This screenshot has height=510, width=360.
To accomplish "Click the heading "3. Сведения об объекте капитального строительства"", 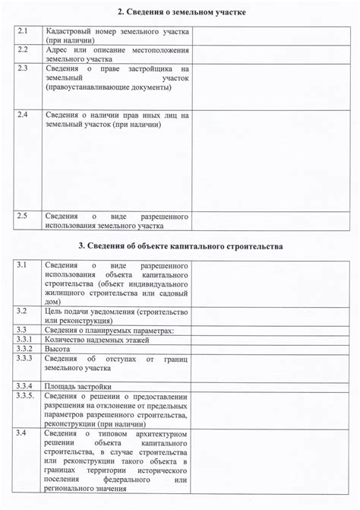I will pos(181,246).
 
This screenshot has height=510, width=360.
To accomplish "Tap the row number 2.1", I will pos(23,31).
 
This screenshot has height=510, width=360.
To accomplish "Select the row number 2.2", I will pos(23,49).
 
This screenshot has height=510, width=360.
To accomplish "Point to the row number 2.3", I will pos(23,68).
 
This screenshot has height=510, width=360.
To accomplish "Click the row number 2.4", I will pos(23,115).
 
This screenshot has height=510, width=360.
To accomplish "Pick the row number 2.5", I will pos(23,217).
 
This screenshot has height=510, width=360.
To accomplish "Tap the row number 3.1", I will pos(22,265).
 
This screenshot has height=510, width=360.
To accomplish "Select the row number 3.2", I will pos(22,312).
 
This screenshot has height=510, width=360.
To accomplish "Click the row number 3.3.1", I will pos(24,339).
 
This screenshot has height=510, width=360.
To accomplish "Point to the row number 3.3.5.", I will pos(25,395).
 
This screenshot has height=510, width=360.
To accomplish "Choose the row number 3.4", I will pos(22,432).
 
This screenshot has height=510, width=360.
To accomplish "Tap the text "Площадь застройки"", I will pos(78,386).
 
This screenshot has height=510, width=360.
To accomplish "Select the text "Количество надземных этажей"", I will pos(93,339).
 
